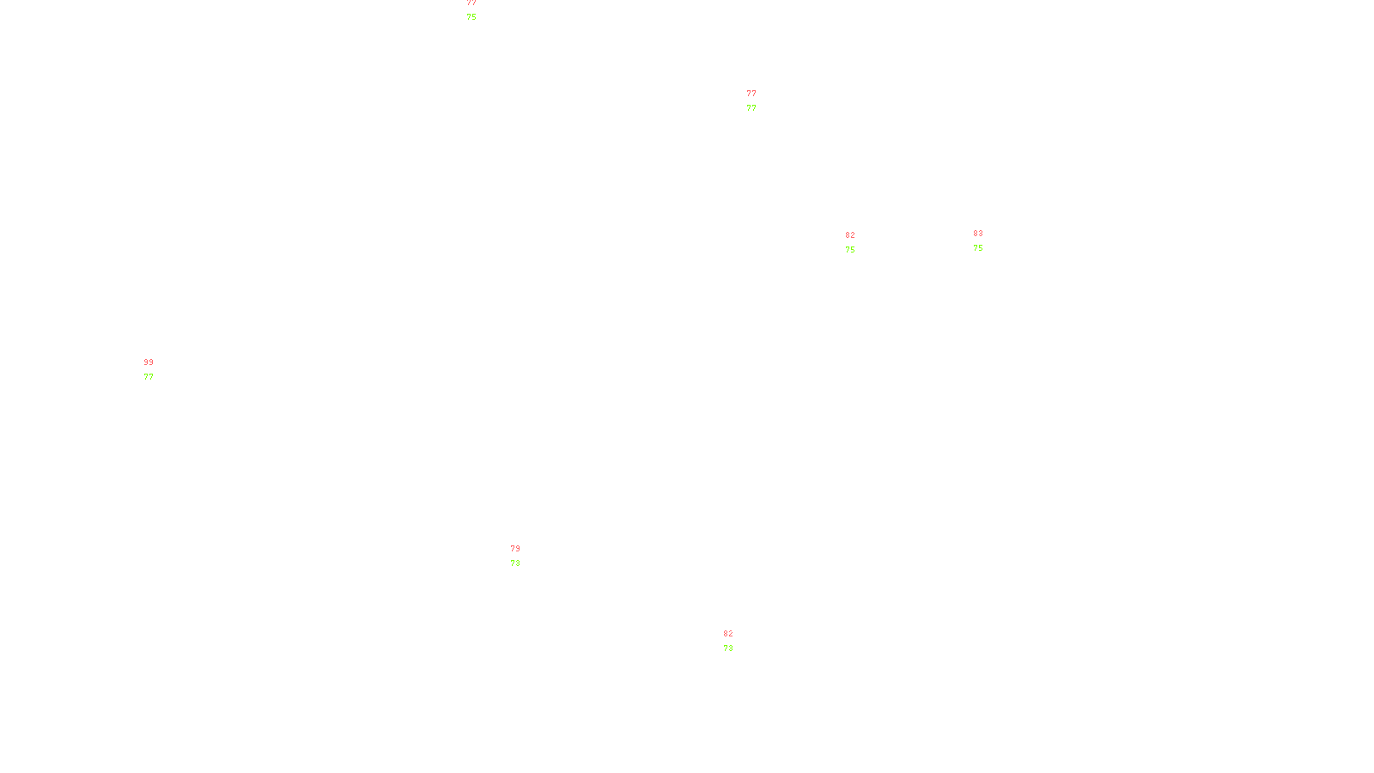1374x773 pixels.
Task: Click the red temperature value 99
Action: (x=149, y=362)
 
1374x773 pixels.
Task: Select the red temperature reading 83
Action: (x=978, y=234)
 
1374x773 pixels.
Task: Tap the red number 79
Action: (x=515, y=549)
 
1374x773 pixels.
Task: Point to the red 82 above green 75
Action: (x=850, y=235)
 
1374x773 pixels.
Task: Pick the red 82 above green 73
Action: (x=728, y=634)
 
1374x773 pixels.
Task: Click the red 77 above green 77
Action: (x=751, y=94)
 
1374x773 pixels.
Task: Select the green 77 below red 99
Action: (x=149, y=376)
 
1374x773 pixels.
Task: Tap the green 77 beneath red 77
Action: (x=751, y=108)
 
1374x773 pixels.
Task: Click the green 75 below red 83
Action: (x=978, y=248)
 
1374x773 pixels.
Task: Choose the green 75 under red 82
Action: (x=850, y=250)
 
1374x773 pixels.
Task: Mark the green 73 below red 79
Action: (x=515, y=563)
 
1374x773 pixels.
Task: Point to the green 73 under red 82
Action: (x=728, y=648)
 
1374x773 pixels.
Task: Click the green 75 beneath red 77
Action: (x=471, y=17)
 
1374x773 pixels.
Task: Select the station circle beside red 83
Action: (x=987, y=241)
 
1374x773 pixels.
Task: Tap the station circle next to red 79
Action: (x=524, y=557)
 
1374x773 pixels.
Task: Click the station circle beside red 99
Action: (x=156, y=370)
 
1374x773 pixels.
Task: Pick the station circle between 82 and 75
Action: (x=859, y=242)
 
